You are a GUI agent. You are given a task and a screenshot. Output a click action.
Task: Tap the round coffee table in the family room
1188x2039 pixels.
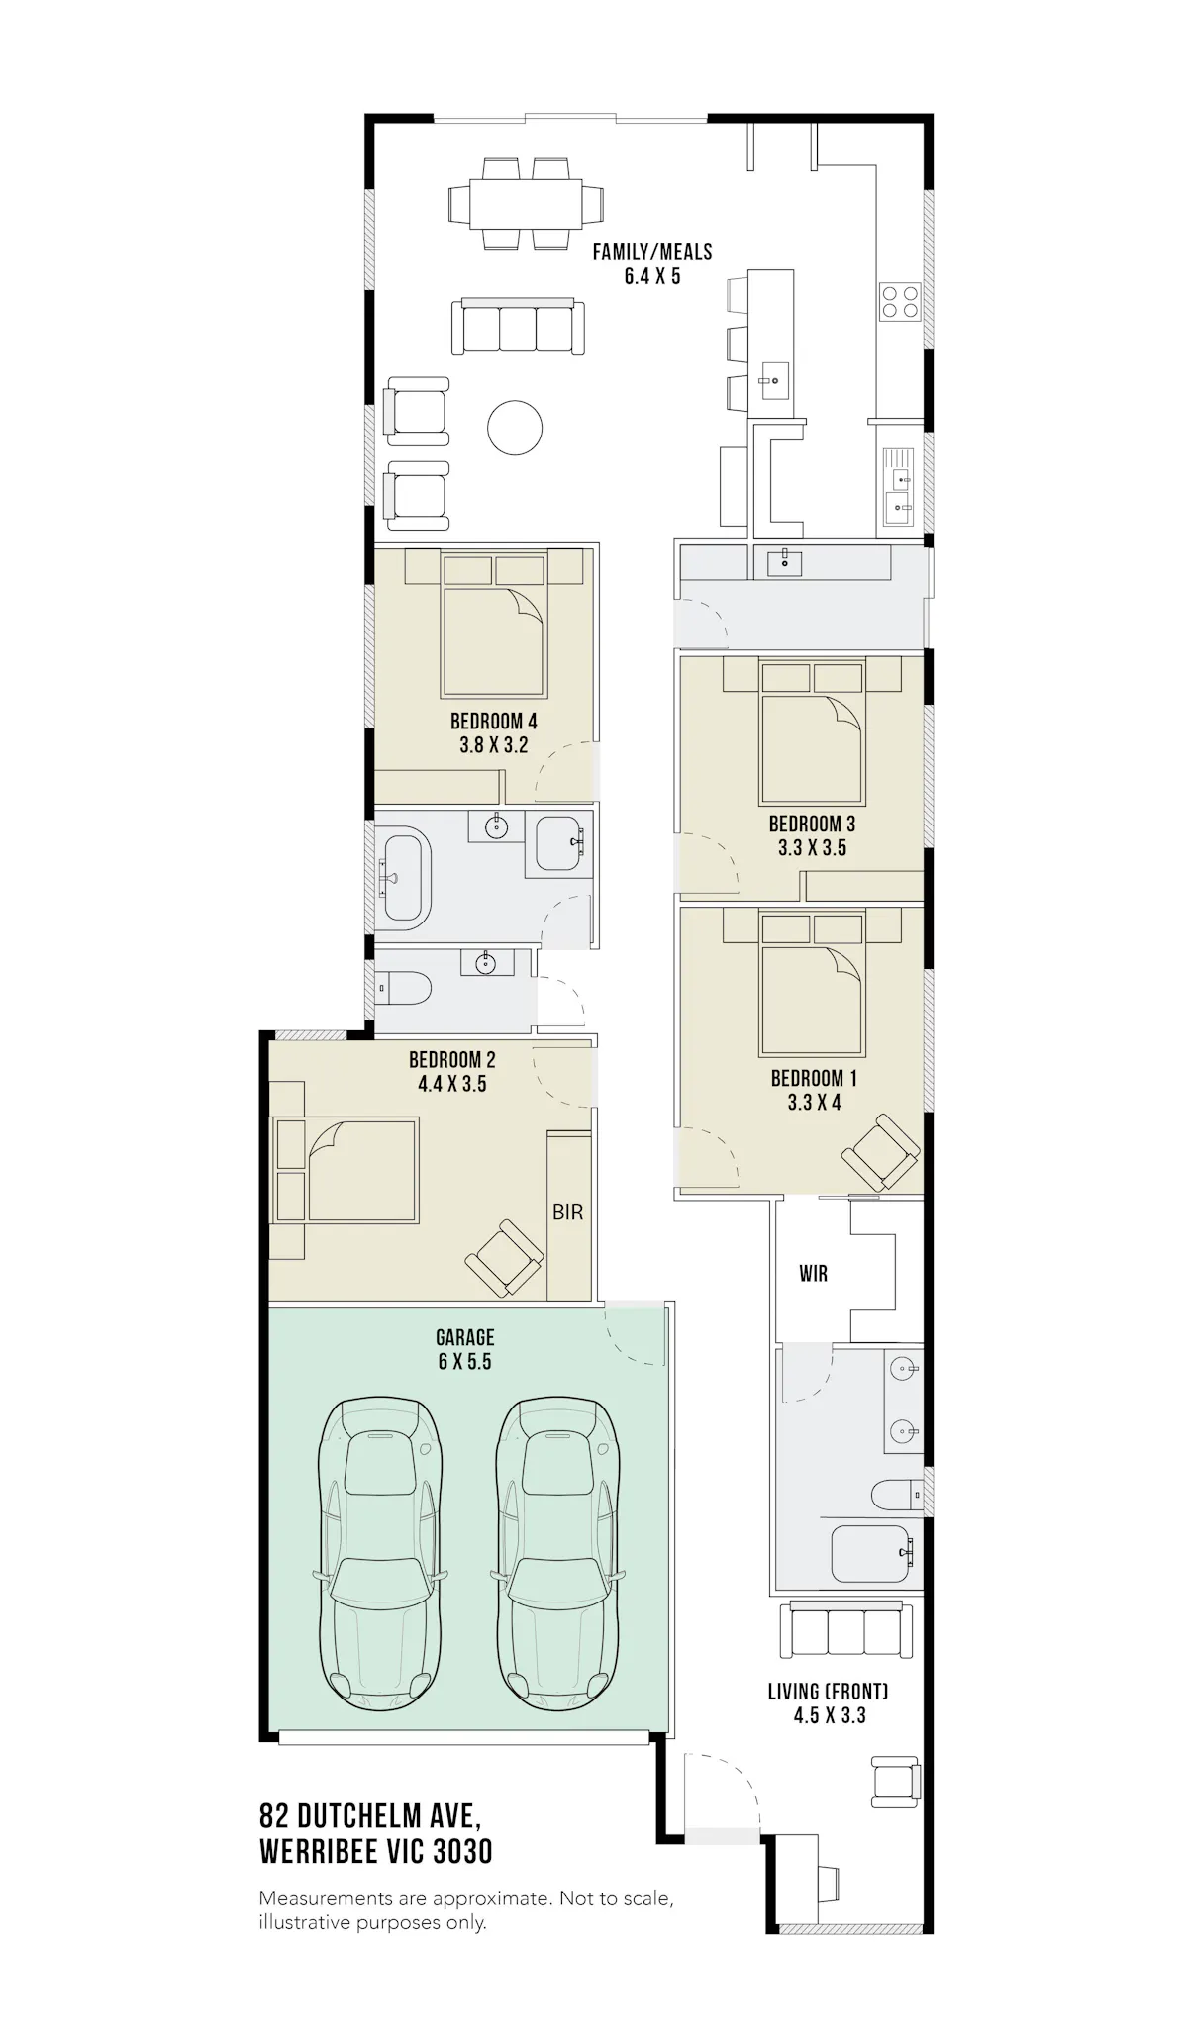[515, 428]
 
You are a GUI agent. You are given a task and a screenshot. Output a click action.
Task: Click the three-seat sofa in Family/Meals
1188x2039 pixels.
[517, 325]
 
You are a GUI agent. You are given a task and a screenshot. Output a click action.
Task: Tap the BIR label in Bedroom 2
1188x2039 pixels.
[567, 1212]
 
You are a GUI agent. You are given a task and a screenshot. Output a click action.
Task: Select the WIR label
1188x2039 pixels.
[813, 1274]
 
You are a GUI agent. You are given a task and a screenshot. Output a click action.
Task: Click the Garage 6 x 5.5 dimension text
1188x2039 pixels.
[464, 1362]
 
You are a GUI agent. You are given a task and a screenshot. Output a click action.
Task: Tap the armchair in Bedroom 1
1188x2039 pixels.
[880, 1152]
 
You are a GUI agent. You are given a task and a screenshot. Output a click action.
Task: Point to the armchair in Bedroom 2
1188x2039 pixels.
[504, 1258]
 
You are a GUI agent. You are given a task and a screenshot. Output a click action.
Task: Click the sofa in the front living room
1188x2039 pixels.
[846, 1630]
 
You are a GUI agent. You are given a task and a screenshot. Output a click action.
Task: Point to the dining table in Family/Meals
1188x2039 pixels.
[525, 203]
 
